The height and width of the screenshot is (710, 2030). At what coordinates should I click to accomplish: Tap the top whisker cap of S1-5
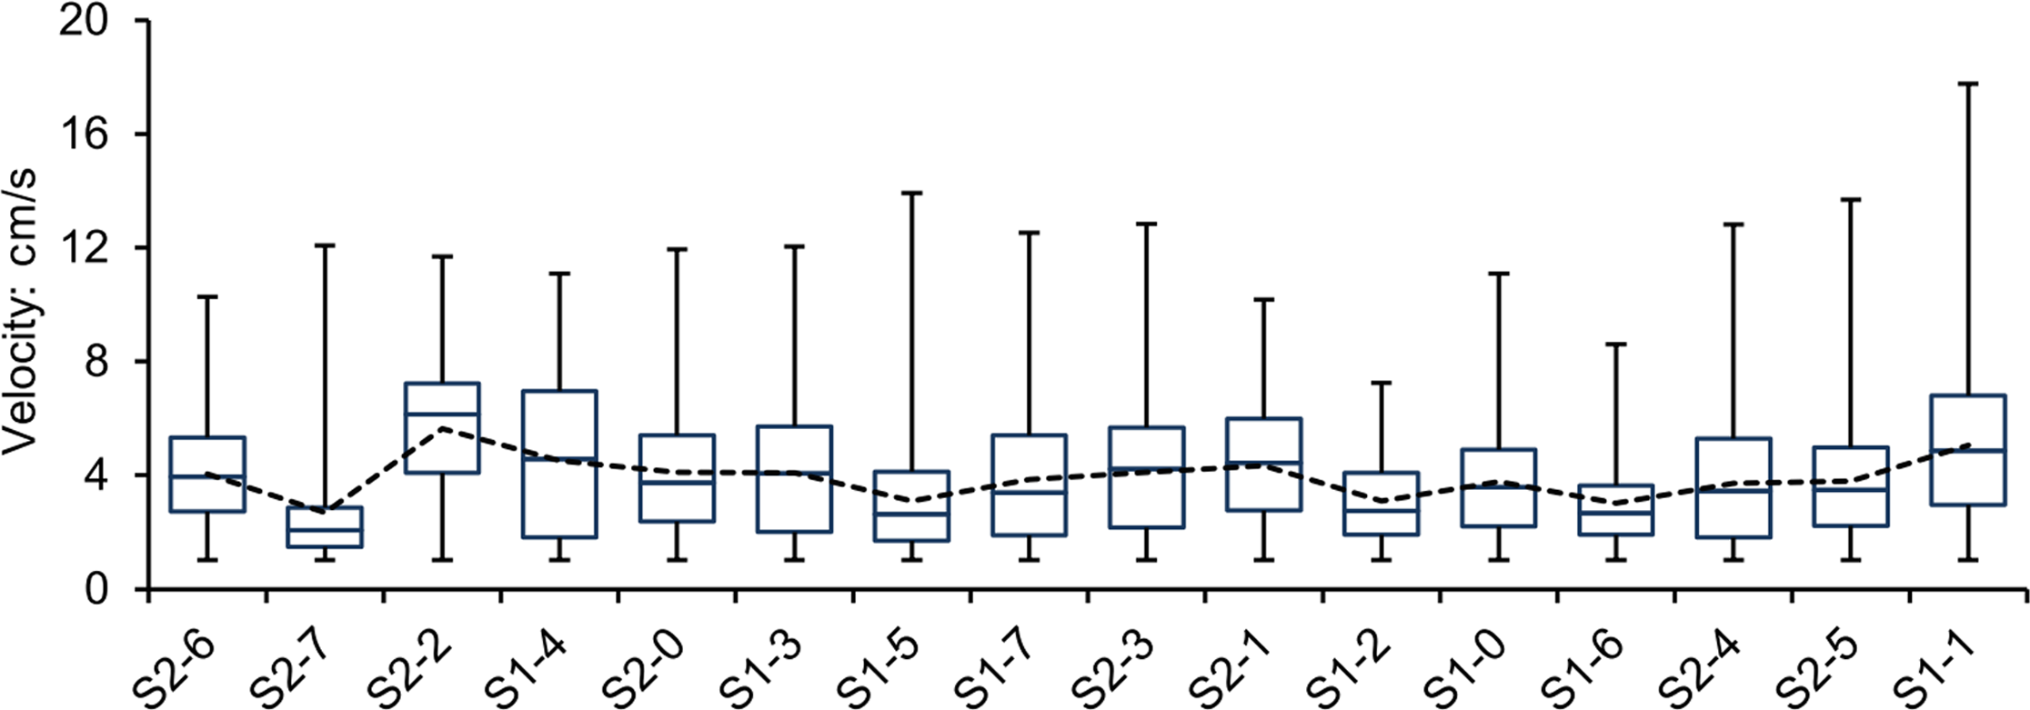click(x=911, y=193)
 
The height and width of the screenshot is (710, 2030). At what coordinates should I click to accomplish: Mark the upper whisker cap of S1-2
click(x=1381, y=383)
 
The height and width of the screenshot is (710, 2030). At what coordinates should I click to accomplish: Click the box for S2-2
click(x=442, y=427)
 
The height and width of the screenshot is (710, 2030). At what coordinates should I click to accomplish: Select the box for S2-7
click(x=325, y=527)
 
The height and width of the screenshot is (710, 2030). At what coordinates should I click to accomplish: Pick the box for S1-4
click(x=559, y=464)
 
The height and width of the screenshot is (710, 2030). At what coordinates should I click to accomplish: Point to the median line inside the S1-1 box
click(x=1968, y=450)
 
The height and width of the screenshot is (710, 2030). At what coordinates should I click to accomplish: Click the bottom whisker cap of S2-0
click(x=677, y=560)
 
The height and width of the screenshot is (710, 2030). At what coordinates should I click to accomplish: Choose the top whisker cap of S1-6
click(x=1616, y=344)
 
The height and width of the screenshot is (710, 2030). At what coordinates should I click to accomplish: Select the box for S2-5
click(x=1851, y=486)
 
